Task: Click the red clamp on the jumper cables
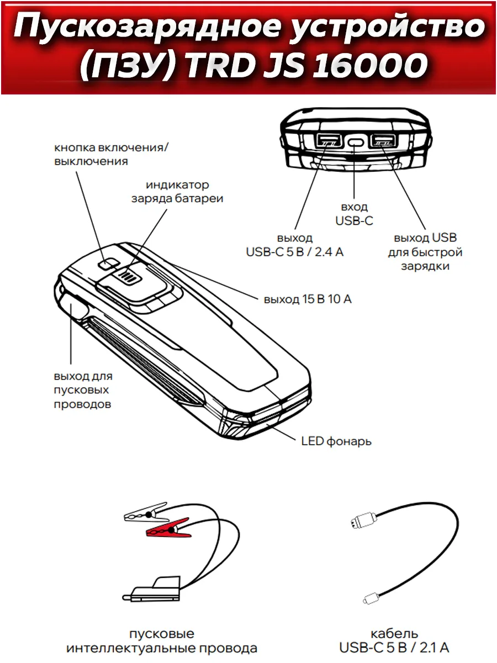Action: (169, 528)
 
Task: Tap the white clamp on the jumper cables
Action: (146, 512)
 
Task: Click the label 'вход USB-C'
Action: (354, 214)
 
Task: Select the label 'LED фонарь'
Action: (336, 441)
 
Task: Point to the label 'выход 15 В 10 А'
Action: (308, 299)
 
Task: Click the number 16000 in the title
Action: (370, 65)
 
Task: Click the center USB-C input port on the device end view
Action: (356, 142)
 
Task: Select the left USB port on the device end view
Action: (329, 140)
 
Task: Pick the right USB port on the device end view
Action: (383, 140)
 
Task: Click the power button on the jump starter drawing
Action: (108, 263)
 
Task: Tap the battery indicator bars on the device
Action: (128, 276)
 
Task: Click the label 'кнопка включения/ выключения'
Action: (111, 154)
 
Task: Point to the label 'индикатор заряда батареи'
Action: (177, 192)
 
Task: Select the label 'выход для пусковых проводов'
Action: (83, 390)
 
